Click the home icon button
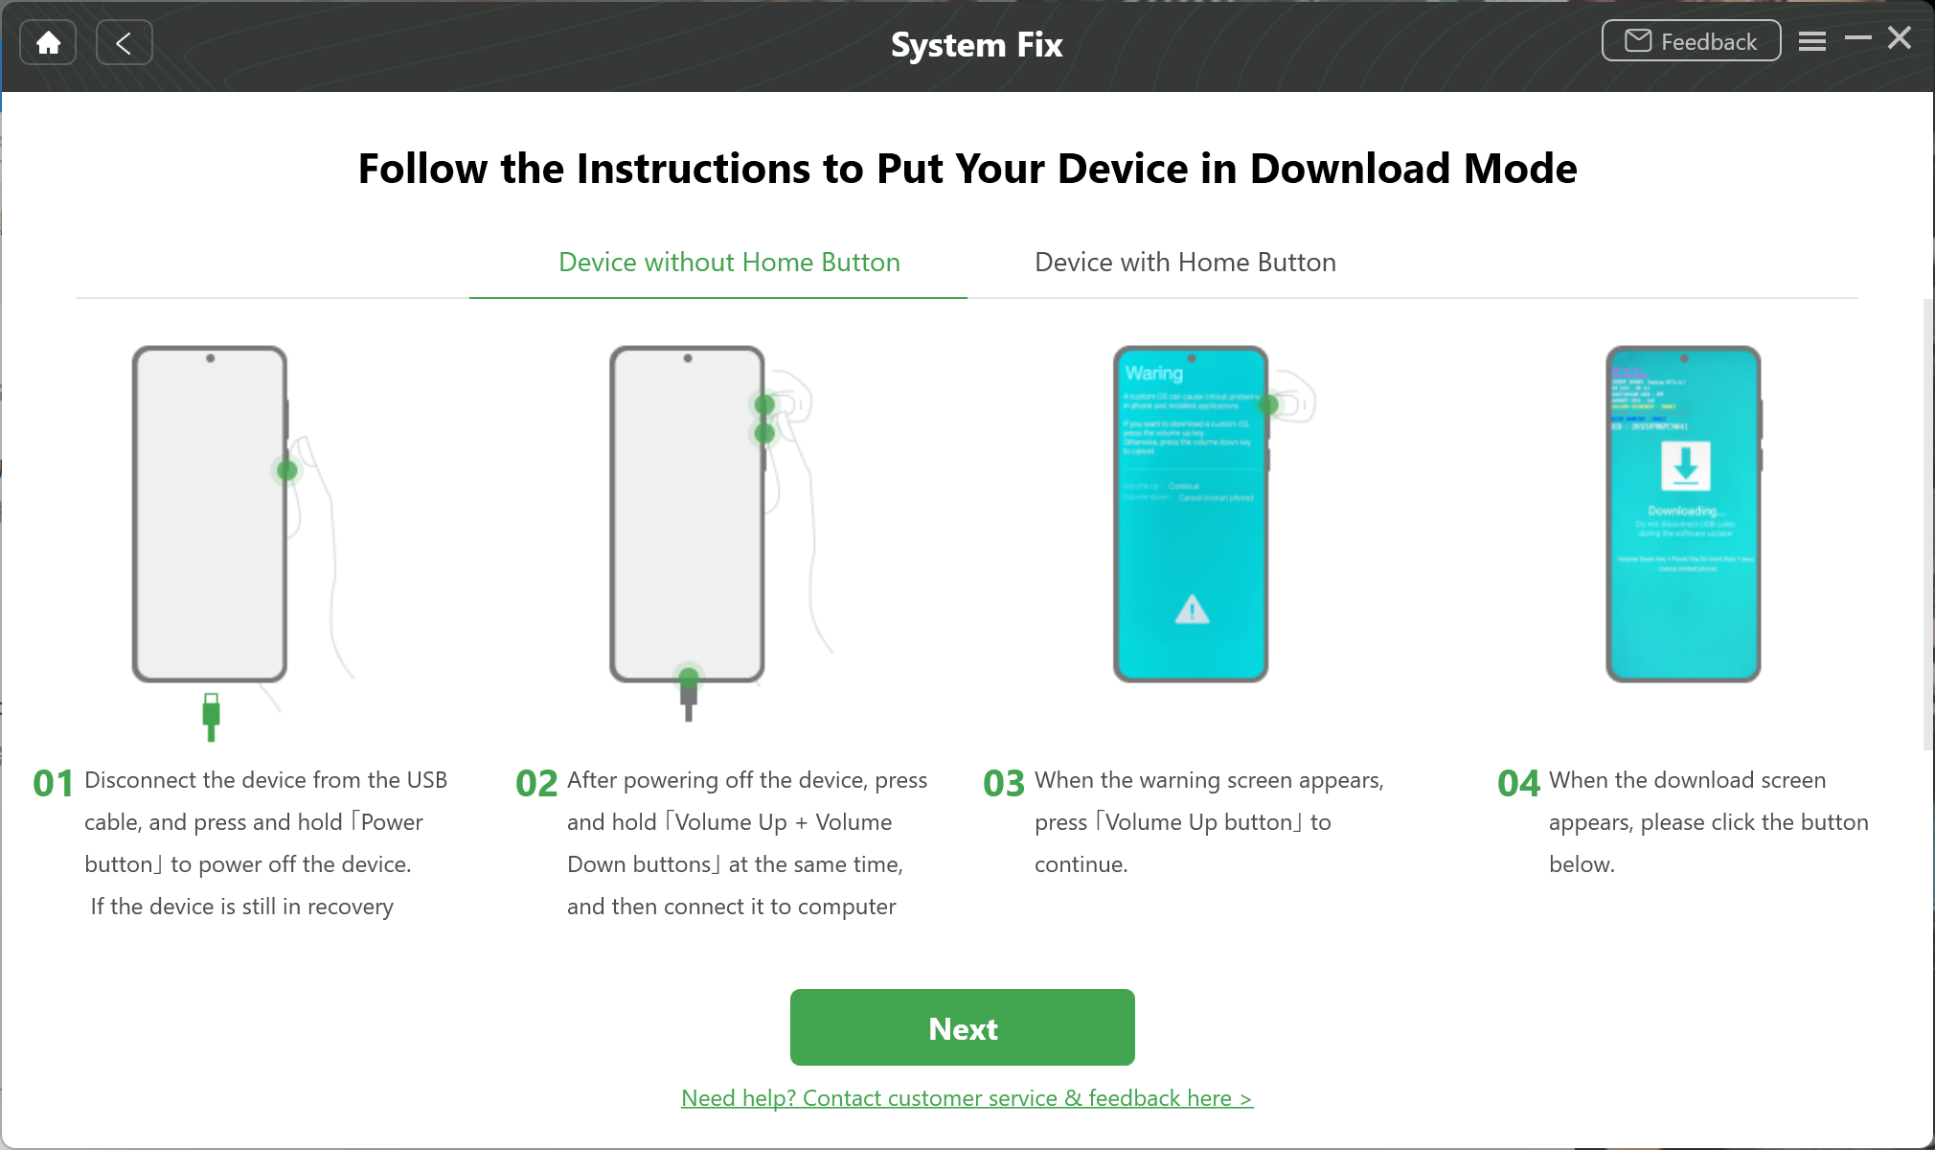(x=48, y=42)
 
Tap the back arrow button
(x=124, y=42)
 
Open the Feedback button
(x=1691, y=41)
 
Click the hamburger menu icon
(x=1811, y=41)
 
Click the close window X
(x=1899, y=38)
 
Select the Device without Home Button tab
(x=729, y=263)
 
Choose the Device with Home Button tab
(x=1185, y=263)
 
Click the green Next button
(x=962, y=1027)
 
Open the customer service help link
(x=967, y=1098)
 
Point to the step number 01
(x=54, y=784)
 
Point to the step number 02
(x=536, y=784)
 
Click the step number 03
(x=1004, y=784)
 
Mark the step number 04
(x=1518, y=784)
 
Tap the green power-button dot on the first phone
(x=286, y=471)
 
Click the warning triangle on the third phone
(x=1192, y=609)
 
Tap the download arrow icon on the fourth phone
(x=1685, y=465)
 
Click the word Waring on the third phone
(x=1154, y=373)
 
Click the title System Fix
(x=976, y=45)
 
